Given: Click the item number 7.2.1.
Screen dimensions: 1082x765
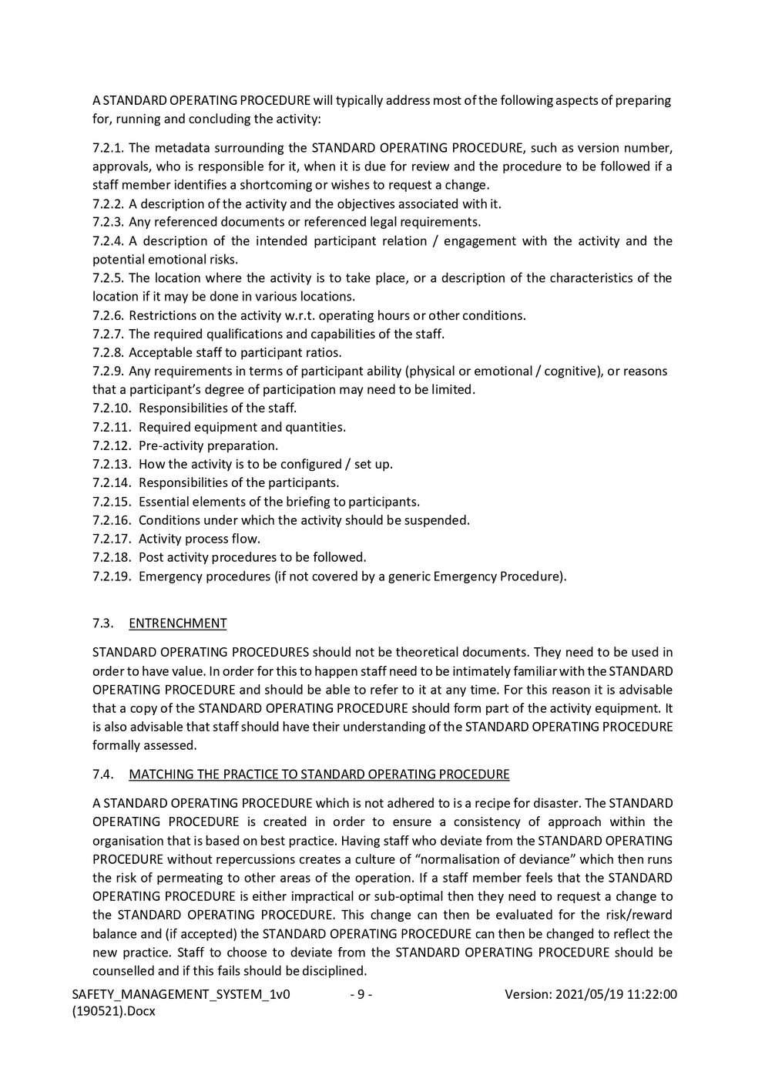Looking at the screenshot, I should (108, 148).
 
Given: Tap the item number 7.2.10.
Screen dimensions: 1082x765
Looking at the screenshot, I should (112, 408).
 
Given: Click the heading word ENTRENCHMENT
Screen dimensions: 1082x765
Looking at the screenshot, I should (178, 623).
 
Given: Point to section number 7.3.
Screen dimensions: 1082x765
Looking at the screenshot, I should (103, 623).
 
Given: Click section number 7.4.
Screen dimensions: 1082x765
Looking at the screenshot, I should (103, 775).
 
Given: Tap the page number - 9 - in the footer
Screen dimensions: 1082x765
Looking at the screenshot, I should (361, 995).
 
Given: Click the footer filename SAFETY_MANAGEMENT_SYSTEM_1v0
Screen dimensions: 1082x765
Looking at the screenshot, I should (181, 995).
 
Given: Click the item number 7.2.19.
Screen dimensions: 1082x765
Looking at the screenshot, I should (112, 576).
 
